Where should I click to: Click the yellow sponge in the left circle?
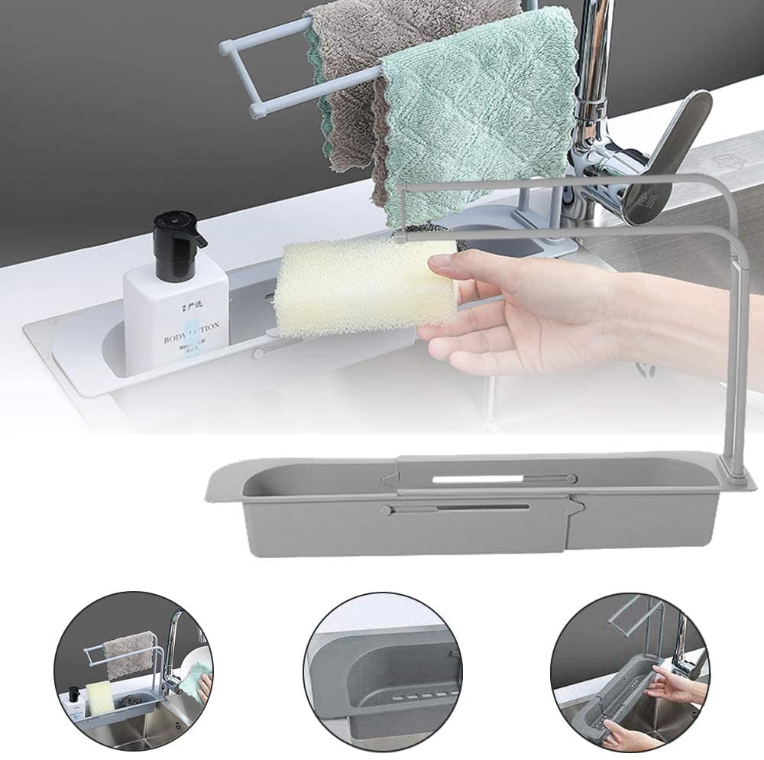(100, 696)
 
